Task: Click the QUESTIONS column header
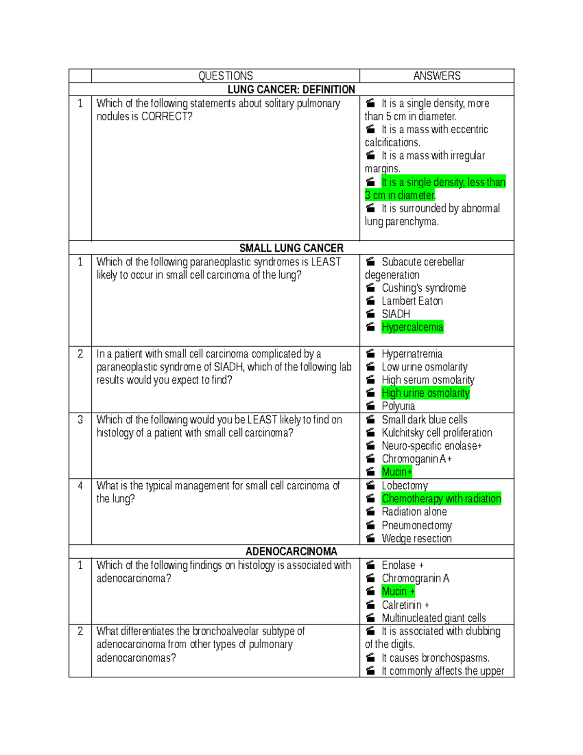click(225, 76)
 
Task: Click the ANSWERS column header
click(437, 76)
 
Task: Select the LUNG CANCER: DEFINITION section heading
click(291, 89)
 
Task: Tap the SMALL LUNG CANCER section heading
click(291, 248)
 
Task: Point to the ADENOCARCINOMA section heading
click(291, 551)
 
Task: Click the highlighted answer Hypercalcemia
click(412, 327)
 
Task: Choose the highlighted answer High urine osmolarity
click(426, 393)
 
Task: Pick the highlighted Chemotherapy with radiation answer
click(441, 499)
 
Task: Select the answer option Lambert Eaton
click(412, 301)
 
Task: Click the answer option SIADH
click(396, 314)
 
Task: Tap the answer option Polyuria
click(398, 406)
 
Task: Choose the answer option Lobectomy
click(405, 486)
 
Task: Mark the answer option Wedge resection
click(416, 538)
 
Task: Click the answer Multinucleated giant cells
click(434, 618)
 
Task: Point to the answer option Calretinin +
click(405, 605)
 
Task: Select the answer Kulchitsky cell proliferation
click(437, 433)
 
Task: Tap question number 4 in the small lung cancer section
click(80, 486)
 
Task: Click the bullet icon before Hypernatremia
click(371, 353)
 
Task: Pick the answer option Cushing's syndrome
click(424, 288)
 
